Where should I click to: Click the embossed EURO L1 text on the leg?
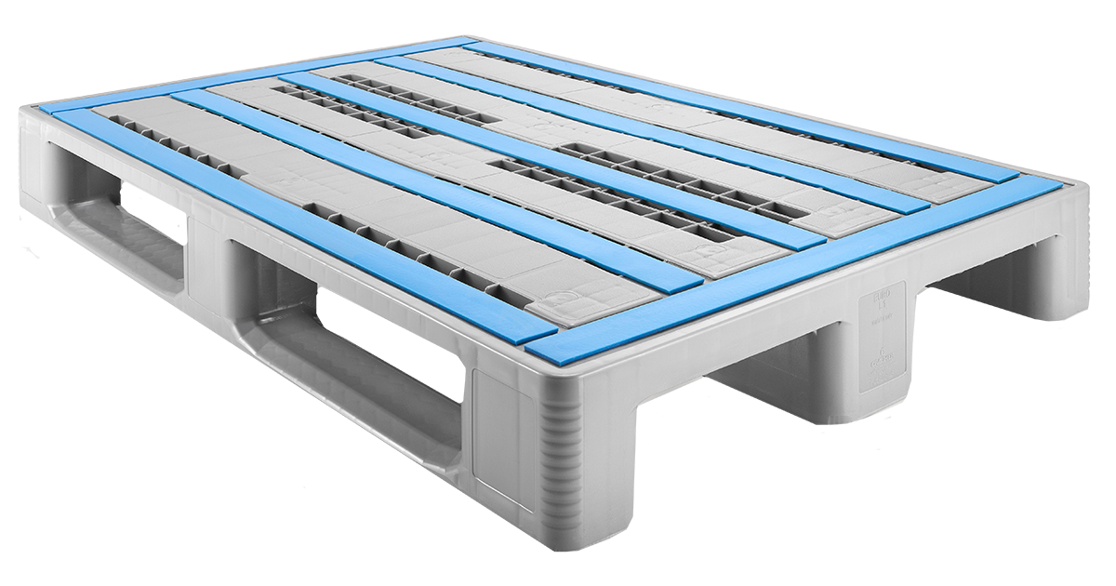[874, 306]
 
